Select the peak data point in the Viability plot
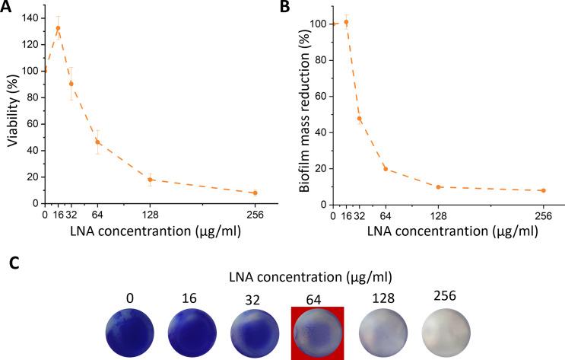click(x=58, y=28)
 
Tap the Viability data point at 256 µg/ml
click(x=256, y=193)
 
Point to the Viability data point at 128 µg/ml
click(x=151, y=180)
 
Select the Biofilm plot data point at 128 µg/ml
click(x=438, y=186)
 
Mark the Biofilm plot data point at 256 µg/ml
click(x=543, y=190)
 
